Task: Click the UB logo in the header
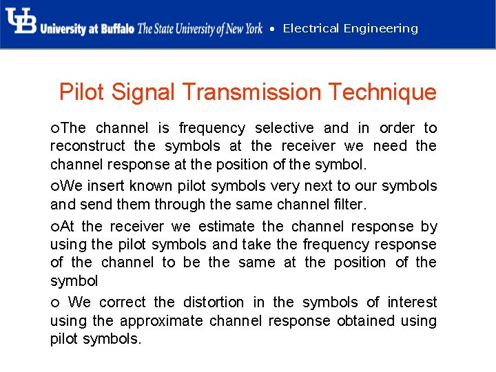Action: click(x=21, y=22)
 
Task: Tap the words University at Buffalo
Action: click(x=87, y=29)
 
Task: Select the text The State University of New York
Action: click(x=200, y=29)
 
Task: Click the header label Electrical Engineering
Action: click(x=350, y=28)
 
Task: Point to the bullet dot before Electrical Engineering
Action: click(x=273, y=29)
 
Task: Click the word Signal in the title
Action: click(x=147, y=92)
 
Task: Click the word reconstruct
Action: click(x=87, y=146)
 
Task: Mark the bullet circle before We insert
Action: click(x=54, y=187)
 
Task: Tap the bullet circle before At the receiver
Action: click(x=54, y=227)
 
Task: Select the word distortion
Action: click(x=214, y=302)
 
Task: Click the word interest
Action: click(x=412, y=302)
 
